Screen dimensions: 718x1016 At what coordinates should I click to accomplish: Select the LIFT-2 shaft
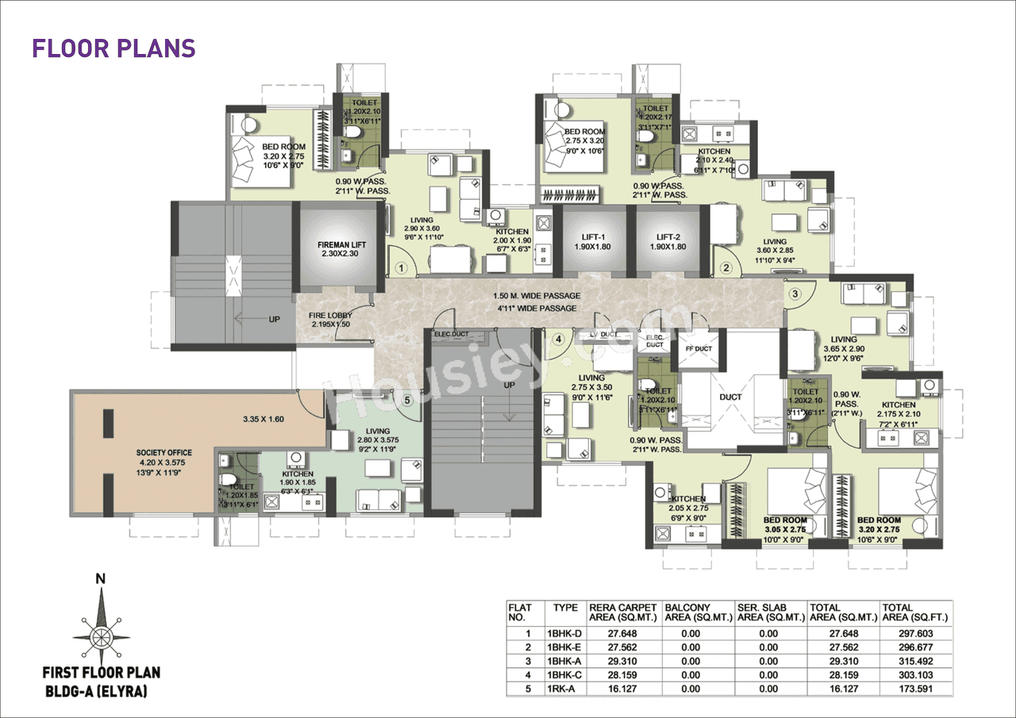668,241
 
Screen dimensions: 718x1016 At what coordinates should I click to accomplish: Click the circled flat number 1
402,268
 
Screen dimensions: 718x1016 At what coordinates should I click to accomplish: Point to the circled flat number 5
407,401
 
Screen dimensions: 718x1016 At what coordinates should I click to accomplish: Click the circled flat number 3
795,294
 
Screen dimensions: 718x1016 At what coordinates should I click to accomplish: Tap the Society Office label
164,458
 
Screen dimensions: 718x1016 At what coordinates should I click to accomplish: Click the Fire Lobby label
329,320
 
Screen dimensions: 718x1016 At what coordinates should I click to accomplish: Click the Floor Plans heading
114,48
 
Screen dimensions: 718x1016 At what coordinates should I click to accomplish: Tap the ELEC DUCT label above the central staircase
452,334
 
